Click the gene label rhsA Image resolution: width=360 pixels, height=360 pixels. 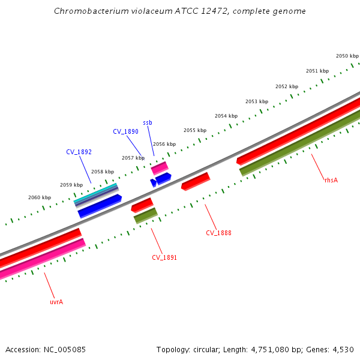331,180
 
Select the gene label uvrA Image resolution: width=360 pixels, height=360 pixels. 56,302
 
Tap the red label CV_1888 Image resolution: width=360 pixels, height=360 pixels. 218,233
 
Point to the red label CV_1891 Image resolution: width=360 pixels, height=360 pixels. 164,257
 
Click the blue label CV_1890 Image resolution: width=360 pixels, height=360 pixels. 125,131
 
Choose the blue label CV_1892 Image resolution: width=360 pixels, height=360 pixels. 79,152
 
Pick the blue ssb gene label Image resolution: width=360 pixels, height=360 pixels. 148,122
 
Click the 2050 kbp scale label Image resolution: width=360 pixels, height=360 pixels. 347,56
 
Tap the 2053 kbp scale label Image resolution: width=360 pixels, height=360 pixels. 257,101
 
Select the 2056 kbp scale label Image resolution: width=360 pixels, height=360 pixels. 164,144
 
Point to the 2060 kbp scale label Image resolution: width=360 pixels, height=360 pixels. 40,197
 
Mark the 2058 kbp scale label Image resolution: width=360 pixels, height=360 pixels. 102,172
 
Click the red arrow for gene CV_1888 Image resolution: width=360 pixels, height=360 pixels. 196,181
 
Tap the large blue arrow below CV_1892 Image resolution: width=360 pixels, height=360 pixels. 100,206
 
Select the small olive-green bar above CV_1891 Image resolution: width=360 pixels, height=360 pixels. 145,215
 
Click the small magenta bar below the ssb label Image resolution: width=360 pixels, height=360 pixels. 159,168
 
